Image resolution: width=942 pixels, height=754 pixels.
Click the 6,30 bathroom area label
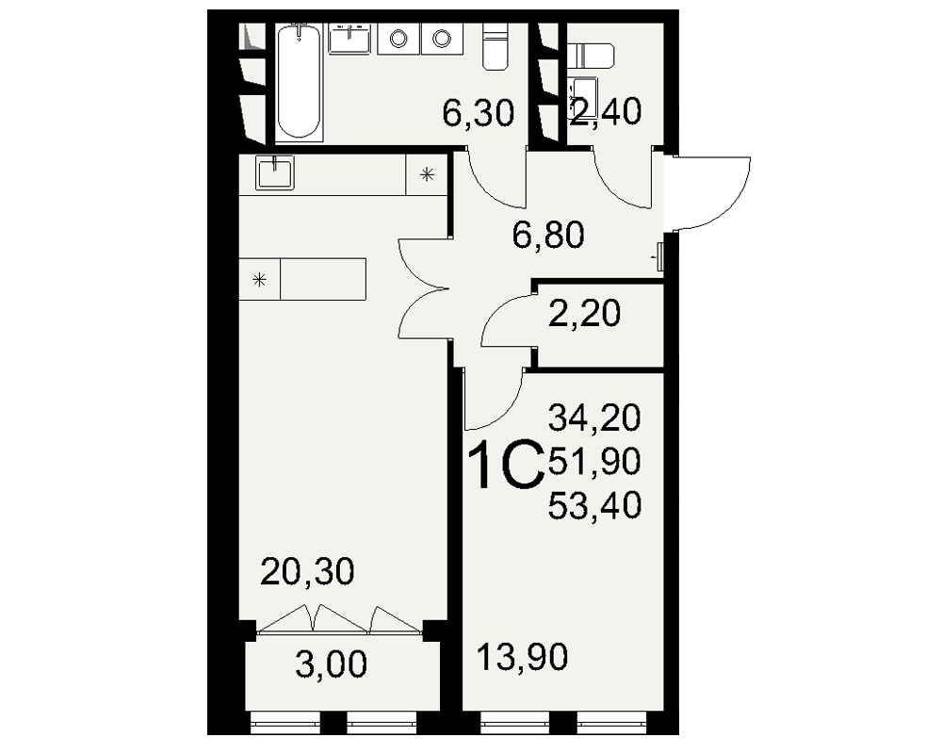point(479,113)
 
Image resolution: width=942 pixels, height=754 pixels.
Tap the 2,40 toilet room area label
point(606,112)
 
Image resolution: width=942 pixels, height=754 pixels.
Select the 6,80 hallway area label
point(548,235)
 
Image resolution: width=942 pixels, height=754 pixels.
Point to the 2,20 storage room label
point(585,313)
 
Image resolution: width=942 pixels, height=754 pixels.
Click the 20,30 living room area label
point(308,571)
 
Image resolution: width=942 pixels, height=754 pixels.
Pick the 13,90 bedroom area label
point(522,657)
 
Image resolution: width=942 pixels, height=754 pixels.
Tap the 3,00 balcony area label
point(331,664)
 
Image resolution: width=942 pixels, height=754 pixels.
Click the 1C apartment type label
point(507,465)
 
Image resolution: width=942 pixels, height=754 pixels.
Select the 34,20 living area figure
point(594,418)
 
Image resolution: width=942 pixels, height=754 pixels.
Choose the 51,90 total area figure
point(594,462)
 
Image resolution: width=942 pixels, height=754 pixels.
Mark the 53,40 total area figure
point(594,505)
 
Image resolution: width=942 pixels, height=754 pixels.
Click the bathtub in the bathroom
point(300,81)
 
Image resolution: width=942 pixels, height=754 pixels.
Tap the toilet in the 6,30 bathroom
point(495,48)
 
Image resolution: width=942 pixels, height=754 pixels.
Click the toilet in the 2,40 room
point(594,56)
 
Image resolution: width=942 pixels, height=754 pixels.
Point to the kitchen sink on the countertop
point(275,172)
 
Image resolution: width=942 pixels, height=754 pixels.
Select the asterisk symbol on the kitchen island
point(260,280)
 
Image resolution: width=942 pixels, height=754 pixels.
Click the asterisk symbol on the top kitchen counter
point(427,175)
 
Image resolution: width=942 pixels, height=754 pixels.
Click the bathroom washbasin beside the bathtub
point(349,39)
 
